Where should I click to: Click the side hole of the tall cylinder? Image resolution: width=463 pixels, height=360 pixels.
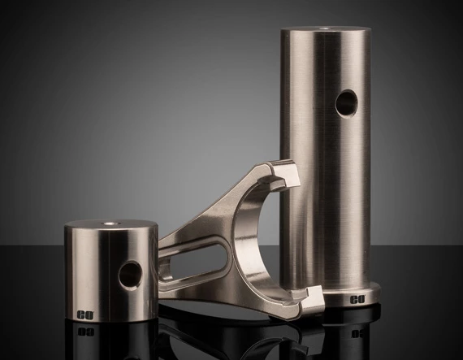coord(346,102)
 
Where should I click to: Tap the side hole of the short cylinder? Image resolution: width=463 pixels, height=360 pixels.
coord(131,275)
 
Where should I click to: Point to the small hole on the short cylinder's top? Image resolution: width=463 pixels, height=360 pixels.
coord(108,223)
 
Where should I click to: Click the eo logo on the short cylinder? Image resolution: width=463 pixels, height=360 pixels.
coord(84,314)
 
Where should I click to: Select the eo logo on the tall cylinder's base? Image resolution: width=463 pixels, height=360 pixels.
coord(357,300)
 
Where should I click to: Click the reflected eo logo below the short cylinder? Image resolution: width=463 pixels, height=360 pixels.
coord(84,331)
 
